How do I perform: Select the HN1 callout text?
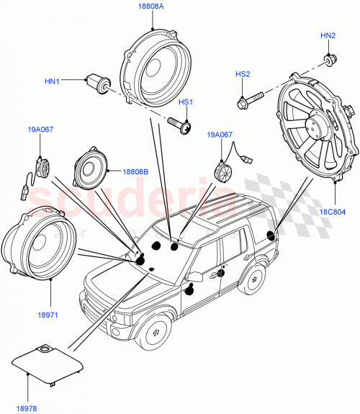53,82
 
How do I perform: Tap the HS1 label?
186,103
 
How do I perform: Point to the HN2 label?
328,35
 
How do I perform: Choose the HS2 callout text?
243,73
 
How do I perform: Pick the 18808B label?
135,172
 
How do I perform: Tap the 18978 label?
26,408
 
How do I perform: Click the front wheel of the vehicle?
155,332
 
